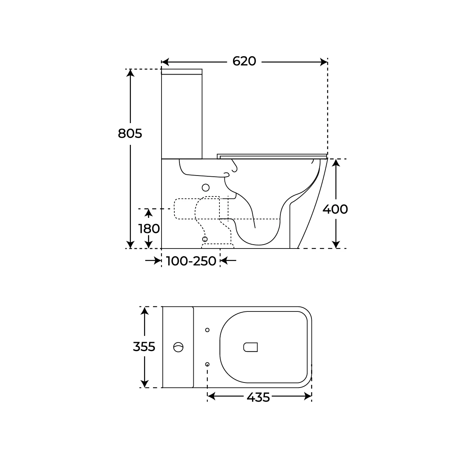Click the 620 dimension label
(x=244, y=61)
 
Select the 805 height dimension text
(x=130, y=134)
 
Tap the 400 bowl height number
(x=335, y=209)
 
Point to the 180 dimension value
(x=149, y=228)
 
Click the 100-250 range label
(x=191, y=261)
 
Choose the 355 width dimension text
(x=144, y=346)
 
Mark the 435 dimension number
(x=258, y=397)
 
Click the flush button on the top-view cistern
(x=178, y=347)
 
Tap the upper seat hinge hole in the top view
(x=207, y=330)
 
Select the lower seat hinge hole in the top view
(x=207, y=364)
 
